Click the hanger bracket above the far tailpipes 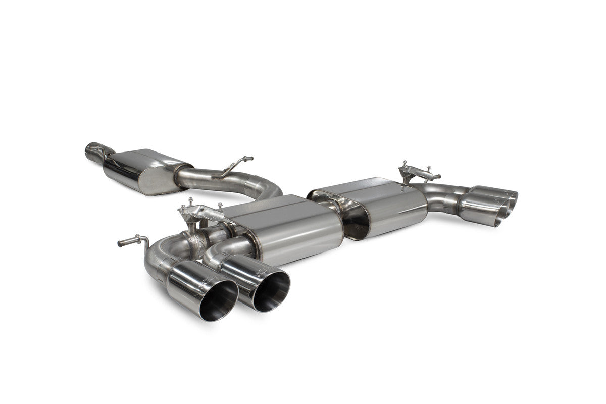coord(417,172)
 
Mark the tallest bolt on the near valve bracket coord(191,201)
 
